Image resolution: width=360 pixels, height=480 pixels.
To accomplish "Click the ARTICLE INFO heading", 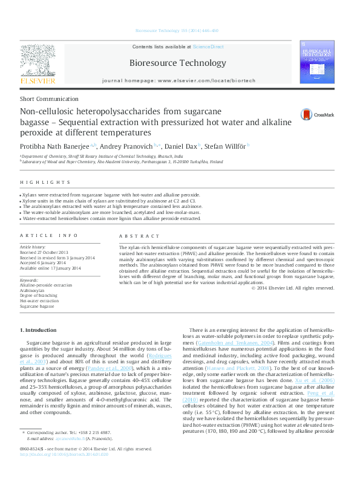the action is (49, 236).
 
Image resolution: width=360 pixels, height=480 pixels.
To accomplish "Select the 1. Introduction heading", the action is (39, 330).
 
